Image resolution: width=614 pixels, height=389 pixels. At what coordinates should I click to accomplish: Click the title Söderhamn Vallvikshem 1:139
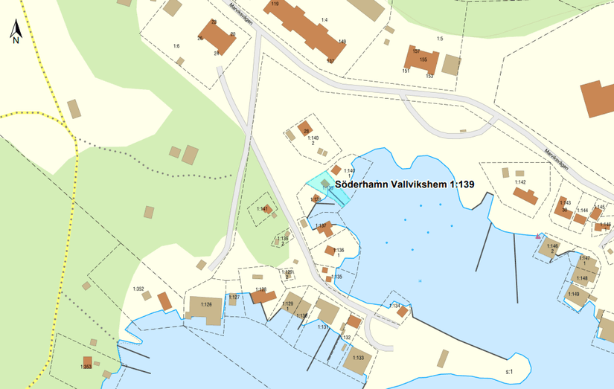point(405,183)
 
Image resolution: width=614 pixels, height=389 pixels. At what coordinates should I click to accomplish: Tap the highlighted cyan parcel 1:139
point(328,187)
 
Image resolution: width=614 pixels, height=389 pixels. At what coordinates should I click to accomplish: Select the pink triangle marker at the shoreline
point(538,237)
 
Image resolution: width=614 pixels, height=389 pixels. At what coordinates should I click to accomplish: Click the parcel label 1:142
point(519,182)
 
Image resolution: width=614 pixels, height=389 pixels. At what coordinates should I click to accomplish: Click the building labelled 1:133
point(359,359)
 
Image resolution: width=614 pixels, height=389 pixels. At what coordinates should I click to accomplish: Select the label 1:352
point(138,289)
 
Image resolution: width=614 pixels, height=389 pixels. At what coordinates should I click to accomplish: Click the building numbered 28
point(305,129)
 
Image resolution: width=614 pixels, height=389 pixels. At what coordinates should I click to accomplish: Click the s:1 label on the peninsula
point(510,370)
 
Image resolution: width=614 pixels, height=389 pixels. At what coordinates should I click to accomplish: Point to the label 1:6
point(176,46)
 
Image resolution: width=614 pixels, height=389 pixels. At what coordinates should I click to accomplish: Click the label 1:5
point(439,38)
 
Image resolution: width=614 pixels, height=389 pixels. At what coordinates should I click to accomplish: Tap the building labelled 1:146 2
point(551,248)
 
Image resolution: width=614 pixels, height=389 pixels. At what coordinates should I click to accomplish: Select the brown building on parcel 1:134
point(403,312)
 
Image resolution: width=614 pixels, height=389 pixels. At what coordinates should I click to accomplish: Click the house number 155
point(423,60)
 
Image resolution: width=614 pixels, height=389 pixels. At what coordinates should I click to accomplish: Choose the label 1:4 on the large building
point(324,19)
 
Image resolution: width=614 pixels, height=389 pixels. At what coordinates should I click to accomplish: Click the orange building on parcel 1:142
point(525,196)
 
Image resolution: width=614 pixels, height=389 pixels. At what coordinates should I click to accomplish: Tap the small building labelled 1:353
point(87,364)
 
